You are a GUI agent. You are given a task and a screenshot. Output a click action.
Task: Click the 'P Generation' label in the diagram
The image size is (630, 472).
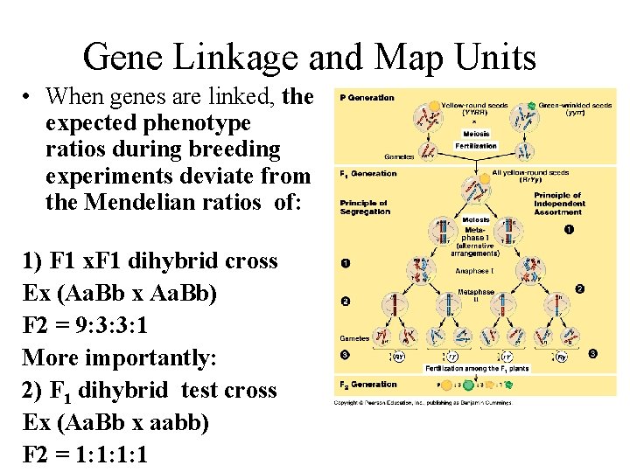[367, 98]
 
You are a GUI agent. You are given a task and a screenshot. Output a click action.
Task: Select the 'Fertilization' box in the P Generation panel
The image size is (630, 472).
[476, 146]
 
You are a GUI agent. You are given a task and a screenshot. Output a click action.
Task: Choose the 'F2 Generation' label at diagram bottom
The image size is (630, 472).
[367, 384]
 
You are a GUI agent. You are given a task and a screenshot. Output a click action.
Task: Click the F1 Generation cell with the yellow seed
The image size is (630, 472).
[475, 186]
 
